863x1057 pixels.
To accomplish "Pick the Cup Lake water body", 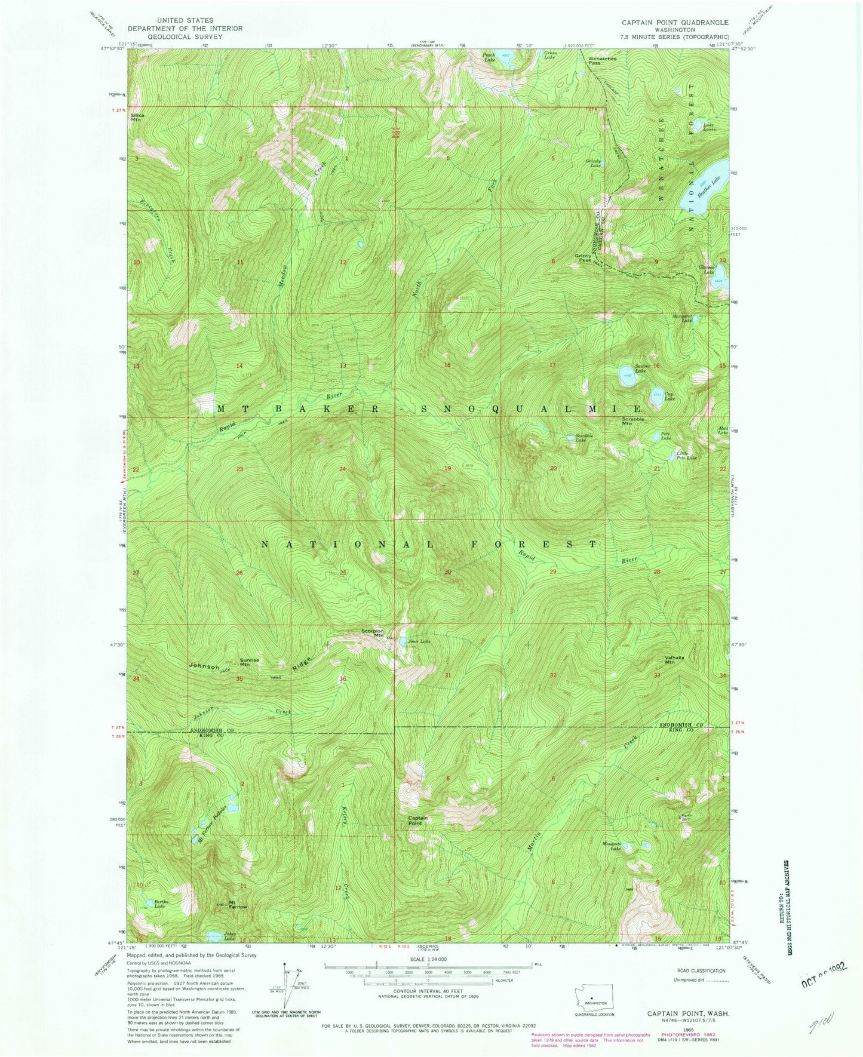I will click(658, 398).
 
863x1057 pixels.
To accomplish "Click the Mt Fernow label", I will click(238, 904).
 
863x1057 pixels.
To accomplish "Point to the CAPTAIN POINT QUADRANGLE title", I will click(674, 22).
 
